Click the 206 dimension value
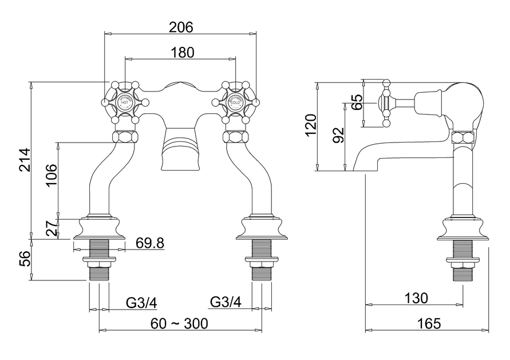pos(181,27)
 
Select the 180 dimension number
pos(182,52)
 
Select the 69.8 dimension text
pos(150,243)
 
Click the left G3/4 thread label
pos(141,302)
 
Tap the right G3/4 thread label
pos(226,302)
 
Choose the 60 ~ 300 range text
pos(179,323)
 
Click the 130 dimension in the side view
pos(416,298)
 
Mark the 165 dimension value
pos(429,323)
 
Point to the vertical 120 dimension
pos(310,126)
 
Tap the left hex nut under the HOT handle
pos(125,137)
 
